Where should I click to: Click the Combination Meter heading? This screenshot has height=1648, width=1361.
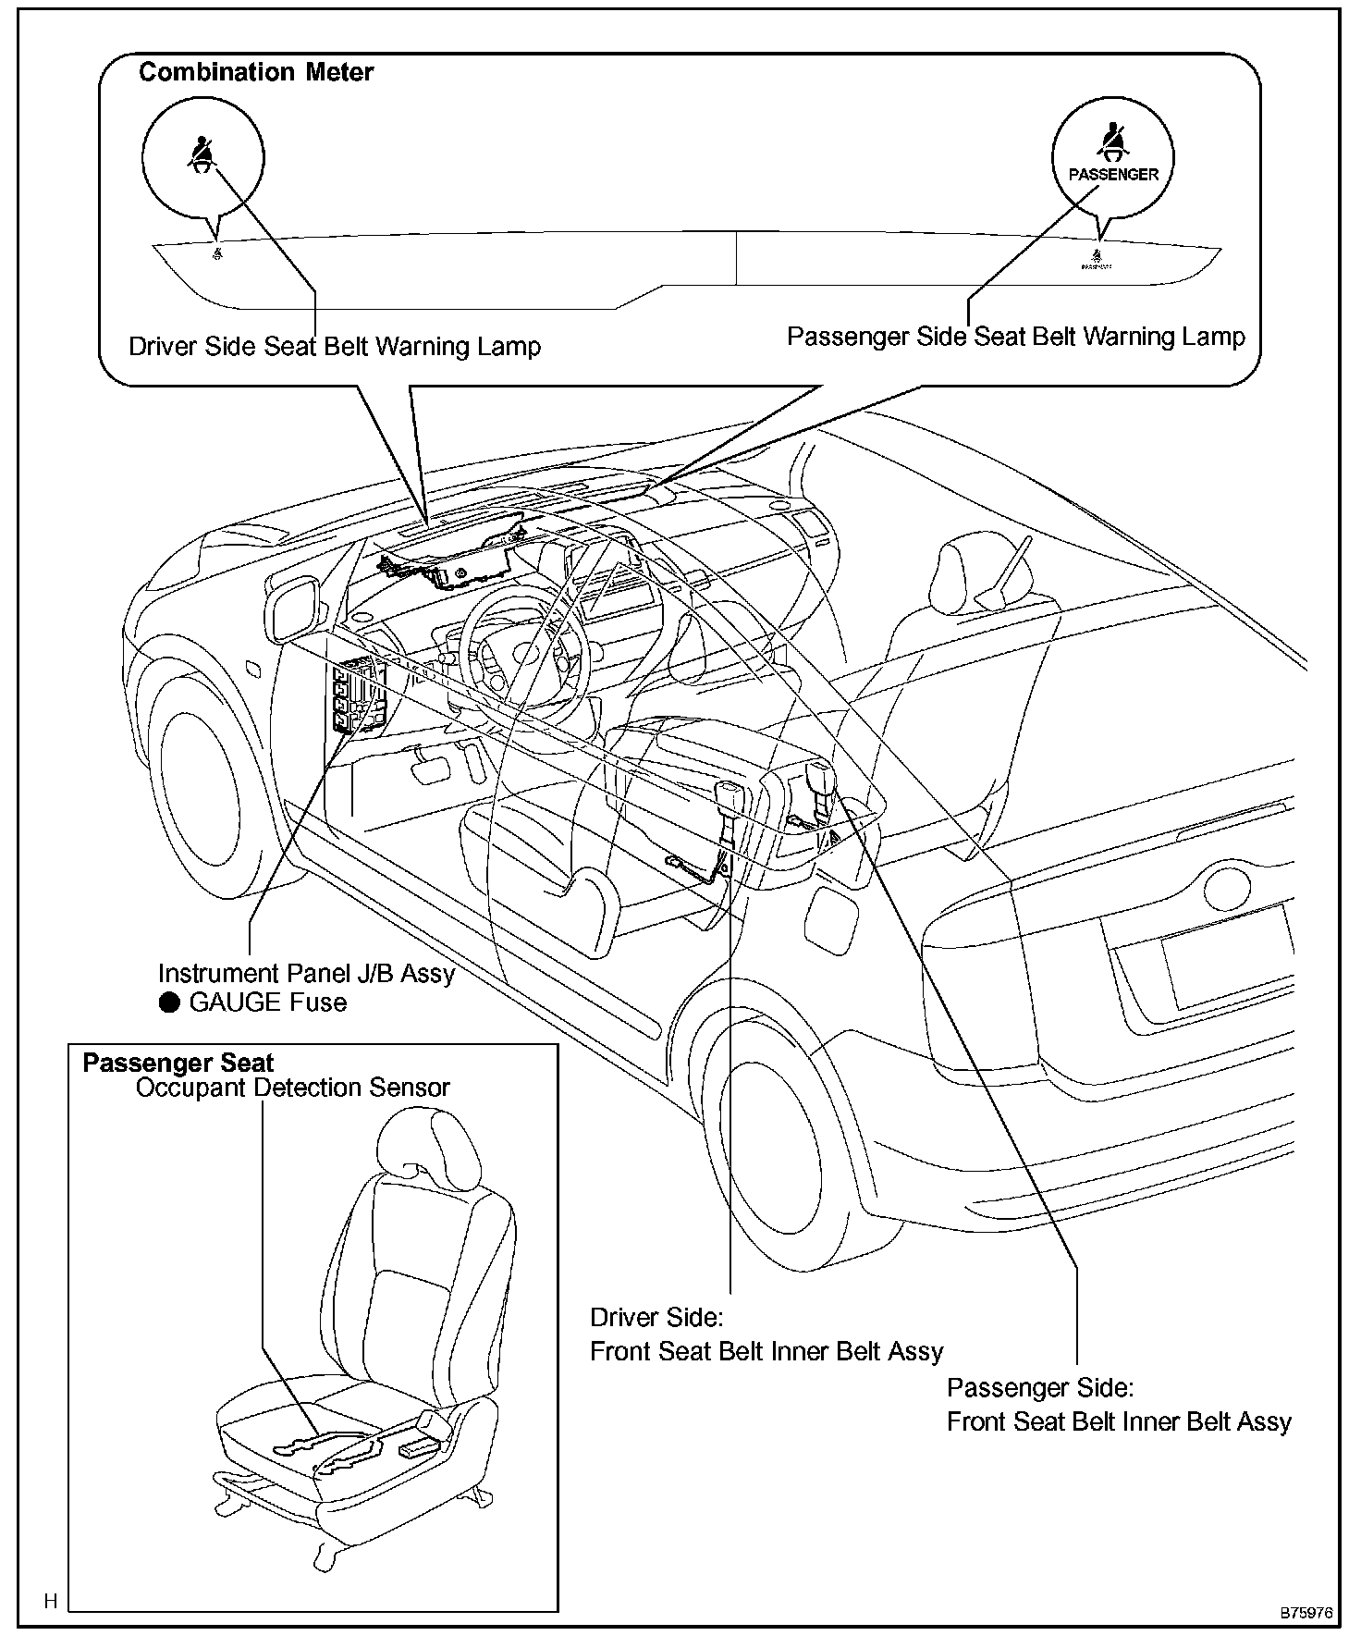(256, 72)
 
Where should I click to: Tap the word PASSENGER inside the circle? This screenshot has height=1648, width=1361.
(1113, 174)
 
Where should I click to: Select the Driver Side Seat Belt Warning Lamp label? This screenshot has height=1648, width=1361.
(334, 346)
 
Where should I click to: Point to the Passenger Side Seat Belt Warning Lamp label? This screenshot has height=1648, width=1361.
(1015, 336)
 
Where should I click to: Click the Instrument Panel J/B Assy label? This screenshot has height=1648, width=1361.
(306, 973)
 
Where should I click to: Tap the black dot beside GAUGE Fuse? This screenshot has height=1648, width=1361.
(169, 1003)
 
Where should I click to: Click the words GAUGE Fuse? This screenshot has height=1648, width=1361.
(267, 1002)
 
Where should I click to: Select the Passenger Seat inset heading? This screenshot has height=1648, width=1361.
(178, 1063)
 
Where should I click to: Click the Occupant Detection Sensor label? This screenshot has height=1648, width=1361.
(292, 1088)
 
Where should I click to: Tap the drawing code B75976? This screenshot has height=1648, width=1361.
(1306, 1613)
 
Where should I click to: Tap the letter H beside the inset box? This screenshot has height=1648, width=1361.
(51, 1601)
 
